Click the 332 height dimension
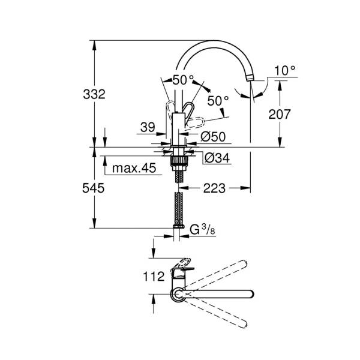pos(94,94)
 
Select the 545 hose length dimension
pos(94,188)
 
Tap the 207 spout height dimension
pos(280,114)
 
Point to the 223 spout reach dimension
pos(214,188)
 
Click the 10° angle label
pos(285,70)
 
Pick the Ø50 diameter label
pos(213,137)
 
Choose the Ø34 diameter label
pos(217,158)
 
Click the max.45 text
pos(134,168)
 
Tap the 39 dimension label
pos(148,127)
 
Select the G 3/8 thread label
pos(203,230)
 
